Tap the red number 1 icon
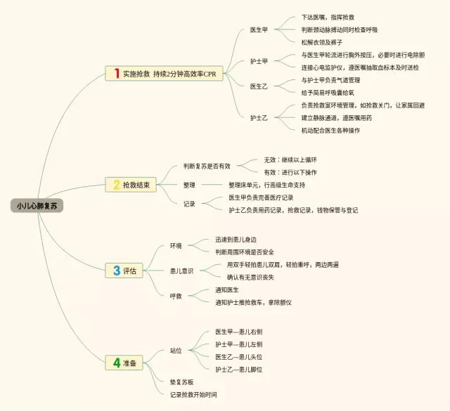(116, 73)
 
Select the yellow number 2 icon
(116, 185)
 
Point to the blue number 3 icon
(116, 270)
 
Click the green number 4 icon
(116, 363)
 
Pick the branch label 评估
(130, 270)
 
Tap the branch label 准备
(130, 363)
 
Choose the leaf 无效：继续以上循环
(290, 160)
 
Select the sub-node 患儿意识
(181, 270)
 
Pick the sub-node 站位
(176, 350)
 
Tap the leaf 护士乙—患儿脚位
(239, 369)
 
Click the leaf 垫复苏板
(182, 382)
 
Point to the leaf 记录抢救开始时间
(193, 395)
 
